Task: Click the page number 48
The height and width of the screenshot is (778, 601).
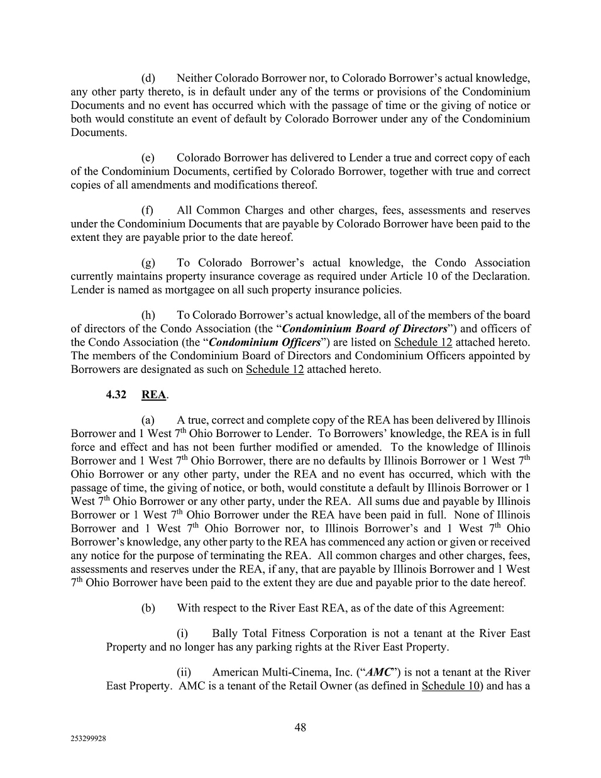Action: point(300,727)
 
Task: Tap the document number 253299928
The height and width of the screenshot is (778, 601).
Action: point(88,740)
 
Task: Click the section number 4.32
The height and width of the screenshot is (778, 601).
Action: point(116,394)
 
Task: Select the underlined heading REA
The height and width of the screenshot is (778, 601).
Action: point(153,394)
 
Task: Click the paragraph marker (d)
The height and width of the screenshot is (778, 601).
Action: point(148,79)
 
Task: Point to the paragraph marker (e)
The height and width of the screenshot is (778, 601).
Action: point(148,158)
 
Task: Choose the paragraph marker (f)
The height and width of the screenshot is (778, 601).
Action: point(148,210)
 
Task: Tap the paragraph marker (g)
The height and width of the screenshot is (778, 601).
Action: point(148,263)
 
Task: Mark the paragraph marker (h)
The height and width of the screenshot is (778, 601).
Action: point(148,315)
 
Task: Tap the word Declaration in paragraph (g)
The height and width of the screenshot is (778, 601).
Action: point(501,276)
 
